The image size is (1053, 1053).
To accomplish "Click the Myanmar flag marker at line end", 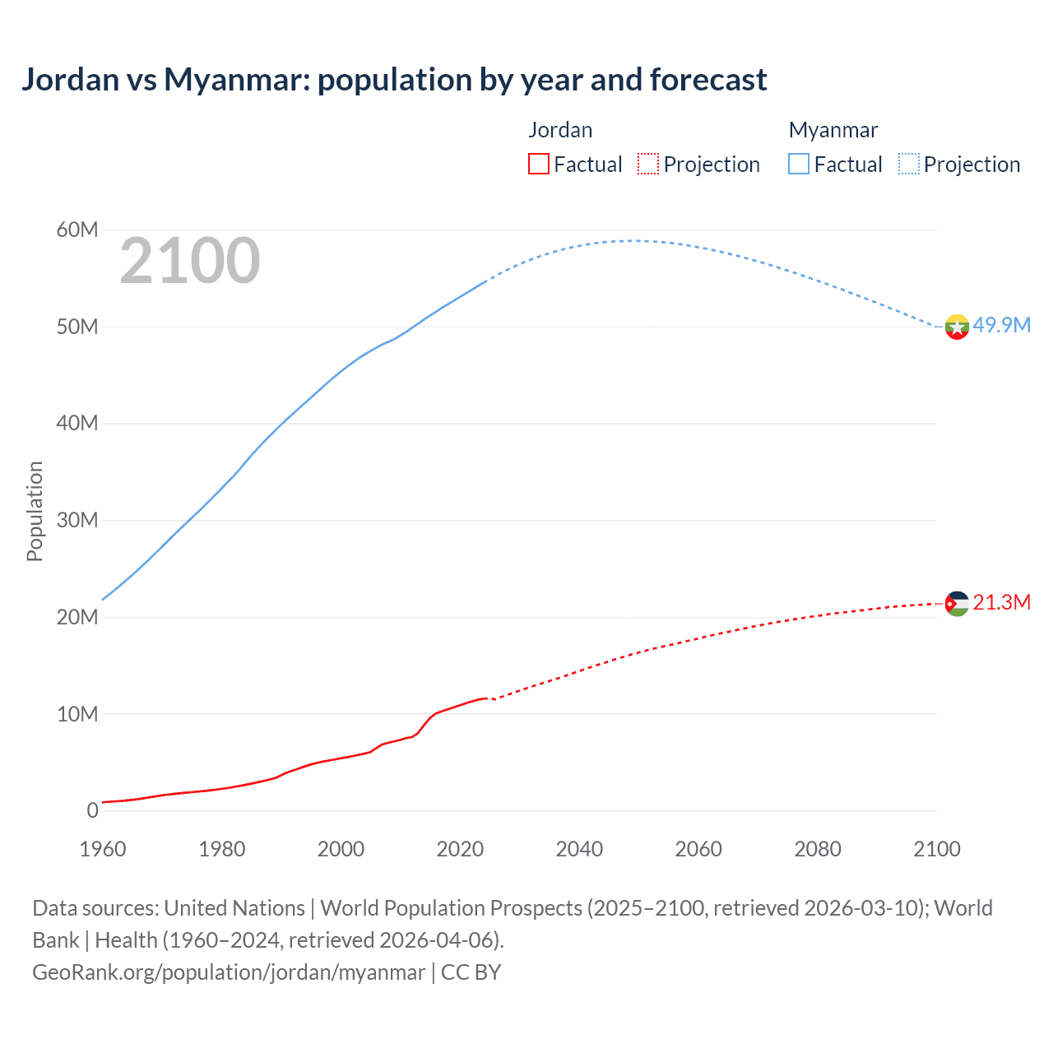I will pos(957,327).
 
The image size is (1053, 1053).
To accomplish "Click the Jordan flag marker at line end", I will pos(957,604).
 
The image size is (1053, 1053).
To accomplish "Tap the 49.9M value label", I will pos(1001,325).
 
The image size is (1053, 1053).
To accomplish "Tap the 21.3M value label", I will pos(1001,602).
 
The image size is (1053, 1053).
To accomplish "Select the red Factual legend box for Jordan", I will pos(538,164).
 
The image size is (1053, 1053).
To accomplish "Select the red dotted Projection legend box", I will pos(648,164).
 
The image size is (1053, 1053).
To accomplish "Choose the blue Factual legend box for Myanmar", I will pos(799,164).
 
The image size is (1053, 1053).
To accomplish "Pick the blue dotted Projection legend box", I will pos(909,164).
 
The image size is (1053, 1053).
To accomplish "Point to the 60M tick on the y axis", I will pos(77,230).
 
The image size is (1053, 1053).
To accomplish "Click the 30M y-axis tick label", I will pos(77,520).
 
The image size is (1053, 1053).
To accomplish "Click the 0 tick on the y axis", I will pos(92,810).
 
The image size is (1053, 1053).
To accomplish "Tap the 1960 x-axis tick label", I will pos(103,849).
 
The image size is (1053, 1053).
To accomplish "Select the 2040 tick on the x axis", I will pos(579,849).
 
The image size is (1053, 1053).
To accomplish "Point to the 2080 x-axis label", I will pos(818,849).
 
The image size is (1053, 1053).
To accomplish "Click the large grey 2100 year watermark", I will pos(190,261).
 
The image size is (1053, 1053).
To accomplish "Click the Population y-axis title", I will pos(35,511).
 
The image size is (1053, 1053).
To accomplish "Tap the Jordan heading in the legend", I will pos(560,130).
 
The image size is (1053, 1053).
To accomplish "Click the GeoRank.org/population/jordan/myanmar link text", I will pos(229,972).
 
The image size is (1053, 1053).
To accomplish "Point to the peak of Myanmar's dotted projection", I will pos(630,240).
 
